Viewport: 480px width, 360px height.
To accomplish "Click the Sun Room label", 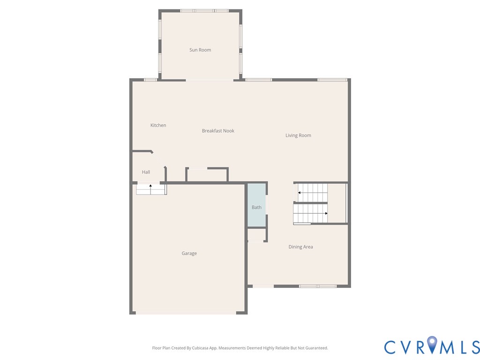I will coord(200,50).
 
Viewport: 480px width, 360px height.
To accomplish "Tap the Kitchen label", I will coord(158,125).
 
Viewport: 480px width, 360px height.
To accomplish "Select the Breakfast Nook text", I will coord(218,131).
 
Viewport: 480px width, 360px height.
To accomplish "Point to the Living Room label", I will coord(298,135).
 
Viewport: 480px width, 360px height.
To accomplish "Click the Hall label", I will coord(146,172).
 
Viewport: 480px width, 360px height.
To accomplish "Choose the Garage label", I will coord(189,254).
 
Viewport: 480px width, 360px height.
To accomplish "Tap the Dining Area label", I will coord(300,247).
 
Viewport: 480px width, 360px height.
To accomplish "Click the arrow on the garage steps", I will coord(150,187).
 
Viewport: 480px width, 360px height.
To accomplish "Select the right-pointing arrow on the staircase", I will coord(326,213).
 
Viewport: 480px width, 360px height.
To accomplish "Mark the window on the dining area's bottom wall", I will coord(318,286).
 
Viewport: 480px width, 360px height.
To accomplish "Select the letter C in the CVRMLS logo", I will coord(391,347).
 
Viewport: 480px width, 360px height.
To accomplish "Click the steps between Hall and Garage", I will coord(151,189).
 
